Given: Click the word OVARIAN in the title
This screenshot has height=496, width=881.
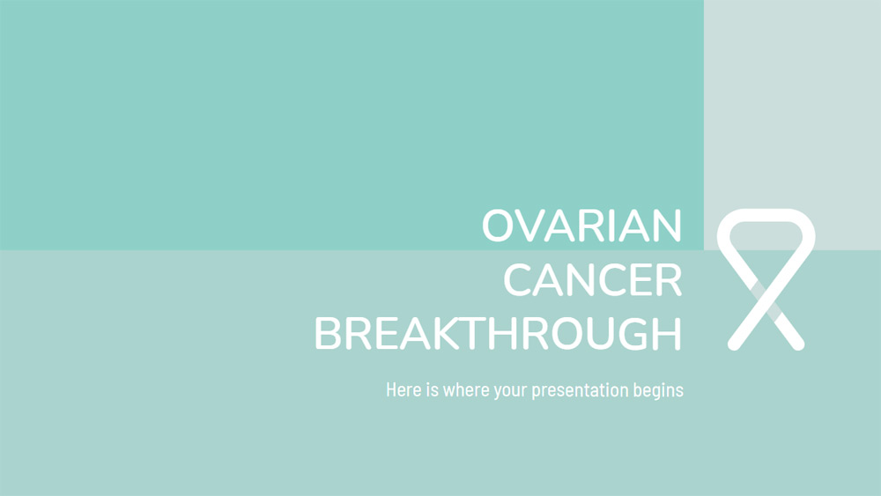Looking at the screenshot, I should coord(581,227).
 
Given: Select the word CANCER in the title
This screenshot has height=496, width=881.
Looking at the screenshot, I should coord(592,281).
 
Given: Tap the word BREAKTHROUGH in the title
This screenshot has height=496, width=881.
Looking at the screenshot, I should coord(498,335).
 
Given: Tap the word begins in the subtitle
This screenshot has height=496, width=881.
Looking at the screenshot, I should coord(658,389).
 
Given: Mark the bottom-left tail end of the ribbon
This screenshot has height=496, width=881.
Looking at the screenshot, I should coord(734,343).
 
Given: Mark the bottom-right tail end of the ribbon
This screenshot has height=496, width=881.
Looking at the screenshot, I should coord(797,343).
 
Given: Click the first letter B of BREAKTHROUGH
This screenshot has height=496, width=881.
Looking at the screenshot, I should coord(329,335).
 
